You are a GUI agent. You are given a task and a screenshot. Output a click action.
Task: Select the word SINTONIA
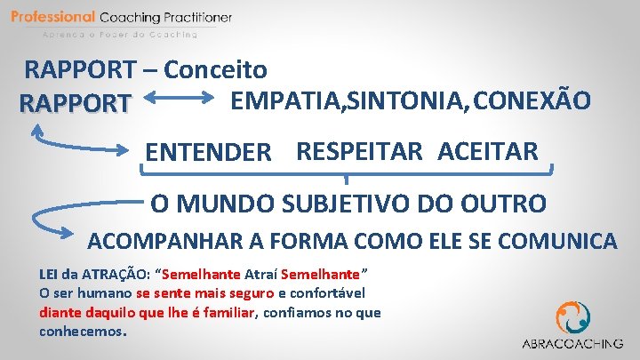tap(397, 100)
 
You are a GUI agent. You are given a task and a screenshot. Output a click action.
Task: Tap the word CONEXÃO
tap(532, 100)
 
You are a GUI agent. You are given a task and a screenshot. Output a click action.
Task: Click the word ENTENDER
tap(208, 152)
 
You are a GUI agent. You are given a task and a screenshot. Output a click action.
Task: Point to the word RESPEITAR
tap(360, 151)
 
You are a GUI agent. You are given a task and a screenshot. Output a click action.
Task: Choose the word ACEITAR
tap(487, 151)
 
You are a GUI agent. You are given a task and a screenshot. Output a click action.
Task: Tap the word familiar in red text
tap(222, 312)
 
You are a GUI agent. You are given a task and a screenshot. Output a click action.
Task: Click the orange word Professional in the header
tap(53, 17)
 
